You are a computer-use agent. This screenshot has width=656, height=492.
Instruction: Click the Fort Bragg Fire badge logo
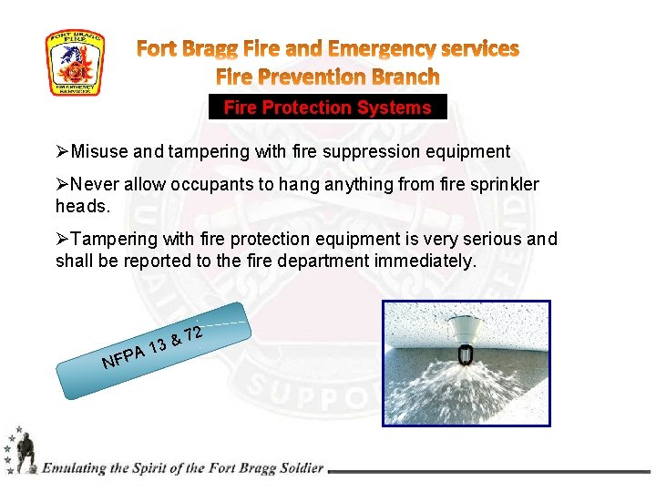tap(75, 64)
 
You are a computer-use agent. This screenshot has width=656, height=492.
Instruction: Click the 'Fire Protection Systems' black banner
tap(327, 108)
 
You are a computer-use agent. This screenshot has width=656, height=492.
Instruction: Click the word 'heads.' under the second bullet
tap(82, 207)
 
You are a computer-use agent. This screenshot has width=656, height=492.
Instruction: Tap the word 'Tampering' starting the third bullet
tap(111, 240)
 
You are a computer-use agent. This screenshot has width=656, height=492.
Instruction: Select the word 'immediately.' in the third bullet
tap(429, 261)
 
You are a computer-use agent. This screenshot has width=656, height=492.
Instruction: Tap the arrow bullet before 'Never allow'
tap(62, 185)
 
